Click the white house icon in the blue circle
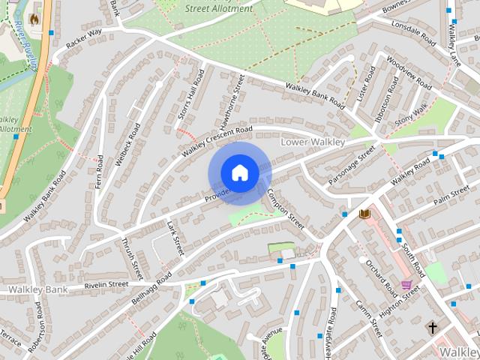[x=239, y=173]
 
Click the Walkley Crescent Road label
[x=218, y=142]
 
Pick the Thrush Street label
[x=132, y=258]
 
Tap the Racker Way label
[x=83, y=40]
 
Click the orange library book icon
[x=365, y=214]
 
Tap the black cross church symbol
[x=432, y=328]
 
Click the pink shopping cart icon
[x=406, y=285]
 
